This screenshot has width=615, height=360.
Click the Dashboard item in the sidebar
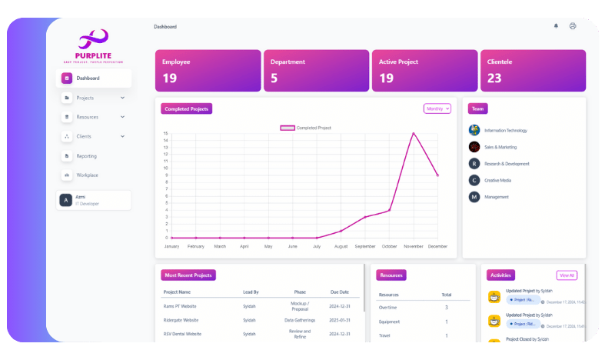click(x=88, y=78)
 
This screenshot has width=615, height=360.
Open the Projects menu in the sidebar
click(x=85, y=98)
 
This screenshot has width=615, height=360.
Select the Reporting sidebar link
click(x=86, y=156)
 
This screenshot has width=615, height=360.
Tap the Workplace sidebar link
click(x=87, y=175)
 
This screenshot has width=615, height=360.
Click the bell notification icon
click(x=556, y=26)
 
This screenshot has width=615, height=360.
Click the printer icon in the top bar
click(x=573, y=26)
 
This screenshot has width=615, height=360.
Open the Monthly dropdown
click(x=437, y=109)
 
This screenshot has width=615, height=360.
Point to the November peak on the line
click(x=414, y=133)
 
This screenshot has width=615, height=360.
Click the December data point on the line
click(x=437, y=175)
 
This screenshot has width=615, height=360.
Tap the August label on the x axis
click(x=341, y=246)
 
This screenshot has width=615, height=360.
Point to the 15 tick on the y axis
click(x=165, y=133)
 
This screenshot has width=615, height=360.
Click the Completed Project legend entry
click(x=306, y=128)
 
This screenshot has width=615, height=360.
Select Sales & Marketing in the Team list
click(x=500, y=147)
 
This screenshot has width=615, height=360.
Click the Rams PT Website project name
click(x=181, y=306)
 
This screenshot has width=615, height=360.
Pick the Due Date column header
click(x=340, y=292)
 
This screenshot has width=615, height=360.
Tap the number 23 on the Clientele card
click(x=494, y=78)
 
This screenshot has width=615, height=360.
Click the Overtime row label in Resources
click(x=388, y=308)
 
